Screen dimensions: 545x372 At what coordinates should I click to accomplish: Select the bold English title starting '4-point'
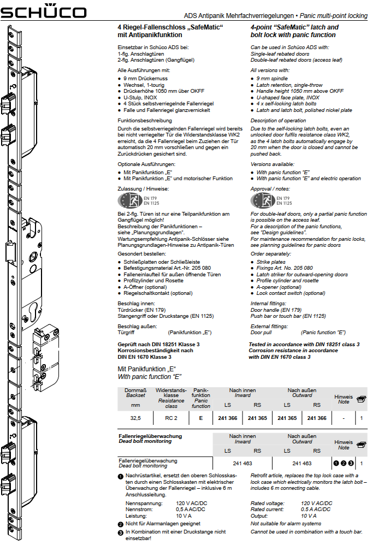click(x=294, y=31)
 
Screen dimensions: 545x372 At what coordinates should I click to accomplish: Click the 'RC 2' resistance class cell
click(x=171, y=418)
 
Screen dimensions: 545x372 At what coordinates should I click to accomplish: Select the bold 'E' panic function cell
click(x=200, y=418)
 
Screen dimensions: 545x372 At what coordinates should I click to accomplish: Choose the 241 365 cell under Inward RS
click(x=257, y=418)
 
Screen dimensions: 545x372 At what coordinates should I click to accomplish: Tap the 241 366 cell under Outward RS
click(x=317, y=418)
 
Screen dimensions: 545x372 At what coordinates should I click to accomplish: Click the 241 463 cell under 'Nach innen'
click(x=242, y=463)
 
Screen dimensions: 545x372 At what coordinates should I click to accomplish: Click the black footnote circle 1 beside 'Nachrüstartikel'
click(x=121, y=476)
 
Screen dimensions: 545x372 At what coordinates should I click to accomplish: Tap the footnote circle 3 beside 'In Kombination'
click(x=121, y=531)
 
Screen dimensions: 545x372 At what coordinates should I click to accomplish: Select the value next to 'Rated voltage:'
click(x=317, y=503)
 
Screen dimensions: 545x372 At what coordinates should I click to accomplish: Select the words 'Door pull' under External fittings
click(x=262, y=332)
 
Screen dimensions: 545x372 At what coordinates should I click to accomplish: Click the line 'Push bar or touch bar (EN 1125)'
click(x=288, y=316)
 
